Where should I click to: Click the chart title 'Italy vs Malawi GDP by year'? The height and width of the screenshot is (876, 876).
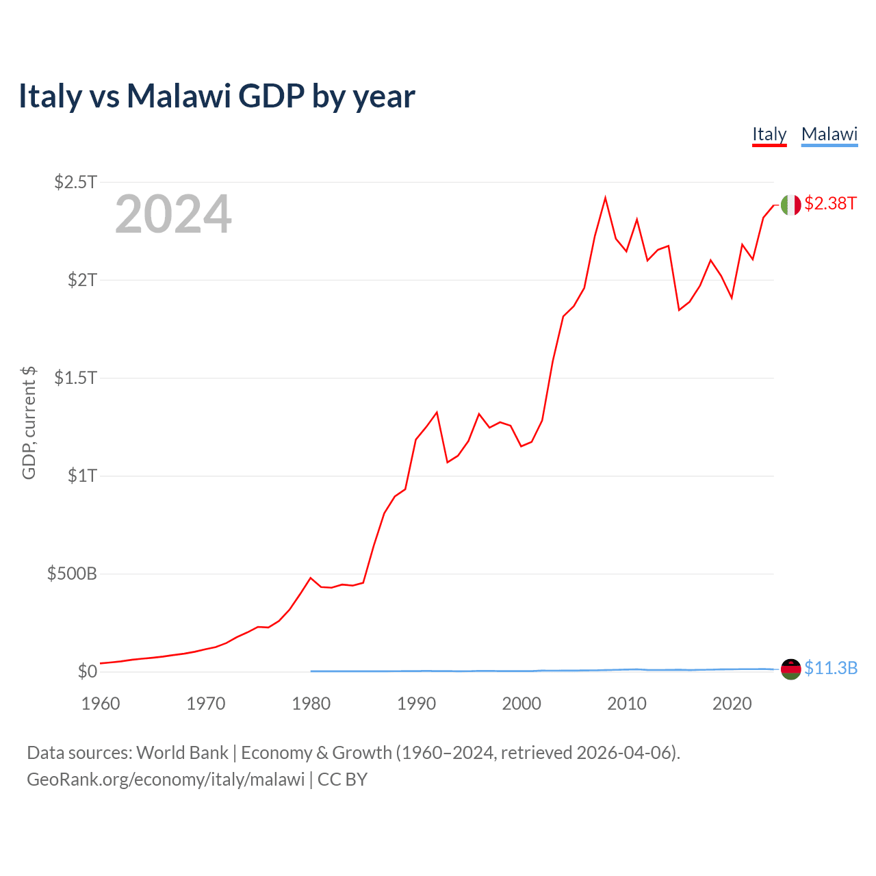point(216,96)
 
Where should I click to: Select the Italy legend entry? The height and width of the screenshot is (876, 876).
point(769,134)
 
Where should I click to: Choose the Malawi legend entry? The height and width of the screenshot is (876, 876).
point(829,134)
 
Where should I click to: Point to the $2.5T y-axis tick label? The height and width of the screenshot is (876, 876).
point(76,182)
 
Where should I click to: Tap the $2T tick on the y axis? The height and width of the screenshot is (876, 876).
point(82,280)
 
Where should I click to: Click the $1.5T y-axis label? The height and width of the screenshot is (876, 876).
point(76,378)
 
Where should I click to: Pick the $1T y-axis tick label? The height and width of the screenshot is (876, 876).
point(82,476)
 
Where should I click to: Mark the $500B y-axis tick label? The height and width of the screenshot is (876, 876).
point(72,574)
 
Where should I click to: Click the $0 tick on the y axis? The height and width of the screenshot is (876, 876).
point(88,671)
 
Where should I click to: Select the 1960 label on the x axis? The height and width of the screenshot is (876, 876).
point(101,704)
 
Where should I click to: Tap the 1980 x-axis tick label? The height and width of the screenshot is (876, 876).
point(311,704)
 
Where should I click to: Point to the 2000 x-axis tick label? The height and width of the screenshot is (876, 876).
point(521,704)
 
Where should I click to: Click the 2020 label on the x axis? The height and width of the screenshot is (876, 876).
point(732,704)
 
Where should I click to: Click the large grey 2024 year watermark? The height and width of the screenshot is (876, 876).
point(173,215)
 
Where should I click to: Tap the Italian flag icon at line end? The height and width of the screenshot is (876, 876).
point(790,205)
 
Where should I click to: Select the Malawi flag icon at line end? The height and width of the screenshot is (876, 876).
point(790,669)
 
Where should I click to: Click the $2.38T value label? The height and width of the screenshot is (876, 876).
point(830,203)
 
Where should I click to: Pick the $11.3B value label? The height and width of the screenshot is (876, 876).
point(831,668)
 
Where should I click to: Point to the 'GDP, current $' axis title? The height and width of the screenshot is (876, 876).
point(29,422)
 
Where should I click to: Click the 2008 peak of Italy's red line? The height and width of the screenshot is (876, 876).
point(605,198)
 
